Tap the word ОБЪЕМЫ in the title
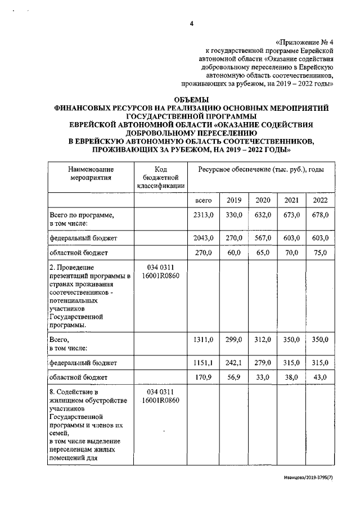tap(191, 100)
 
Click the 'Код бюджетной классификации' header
tap(160, 177)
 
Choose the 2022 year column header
tap(320, 200)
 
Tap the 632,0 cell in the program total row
tap(263, 215)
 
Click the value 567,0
tap(263, 238)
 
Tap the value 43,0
tap(320, 378)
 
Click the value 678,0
tap(320, 215)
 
